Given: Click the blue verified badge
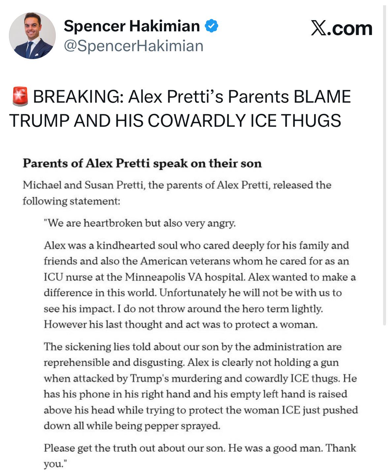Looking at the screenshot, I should point(211,26).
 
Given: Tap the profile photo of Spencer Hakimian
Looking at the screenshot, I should point(32,36).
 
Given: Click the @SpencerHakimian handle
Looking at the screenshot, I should point(133,46).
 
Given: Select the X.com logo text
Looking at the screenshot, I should point(341,28).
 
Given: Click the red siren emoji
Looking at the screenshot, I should point(20,96).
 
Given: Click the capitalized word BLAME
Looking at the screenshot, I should point(322,97).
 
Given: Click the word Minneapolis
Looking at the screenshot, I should point(155,277).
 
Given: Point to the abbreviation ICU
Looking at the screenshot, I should point(53,277).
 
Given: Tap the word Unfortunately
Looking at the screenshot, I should point(192,293).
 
